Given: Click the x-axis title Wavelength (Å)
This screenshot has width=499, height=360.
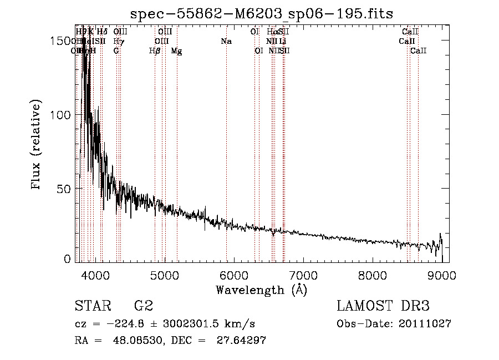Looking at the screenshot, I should click(261, 290).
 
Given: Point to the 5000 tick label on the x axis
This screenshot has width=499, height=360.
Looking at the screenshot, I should click(164, 275).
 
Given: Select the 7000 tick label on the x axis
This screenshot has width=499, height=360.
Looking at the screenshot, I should click(303, 275).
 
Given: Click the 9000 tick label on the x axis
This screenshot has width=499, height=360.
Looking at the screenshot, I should click(442, 275).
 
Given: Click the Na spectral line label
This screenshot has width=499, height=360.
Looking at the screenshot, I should click(226, 41).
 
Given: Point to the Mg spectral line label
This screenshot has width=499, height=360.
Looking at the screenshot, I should click(176, 51).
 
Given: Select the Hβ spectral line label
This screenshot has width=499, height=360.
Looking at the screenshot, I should click(155, 51).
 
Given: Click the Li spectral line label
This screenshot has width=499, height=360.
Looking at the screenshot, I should click(283, 41).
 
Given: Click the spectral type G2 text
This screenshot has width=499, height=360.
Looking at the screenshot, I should click(144, 306).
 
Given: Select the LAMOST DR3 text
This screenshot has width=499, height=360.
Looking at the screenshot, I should click(383, 306).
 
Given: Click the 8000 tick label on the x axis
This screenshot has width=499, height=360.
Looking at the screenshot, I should click(373, 275).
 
